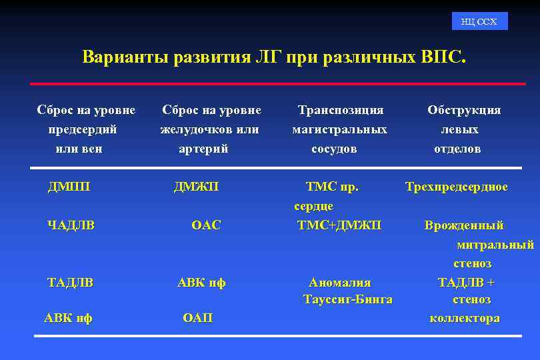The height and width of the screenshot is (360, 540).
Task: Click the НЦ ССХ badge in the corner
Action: [479, 21]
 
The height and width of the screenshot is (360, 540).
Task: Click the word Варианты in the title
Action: [125, 57]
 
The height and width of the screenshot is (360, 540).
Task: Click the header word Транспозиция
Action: [341, 110]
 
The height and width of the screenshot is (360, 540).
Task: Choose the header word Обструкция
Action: [464, 110]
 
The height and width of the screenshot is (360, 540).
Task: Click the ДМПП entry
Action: [69, 187]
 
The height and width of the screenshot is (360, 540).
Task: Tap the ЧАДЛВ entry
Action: [71, 225]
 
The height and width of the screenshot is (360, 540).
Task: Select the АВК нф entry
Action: [68, 318]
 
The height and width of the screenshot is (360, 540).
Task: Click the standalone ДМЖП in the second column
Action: [196, 187]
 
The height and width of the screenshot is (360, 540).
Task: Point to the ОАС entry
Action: [205, 225]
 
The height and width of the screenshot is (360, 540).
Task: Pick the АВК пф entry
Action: [201, 283]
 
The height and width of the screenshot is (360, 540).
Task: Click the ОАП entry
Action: [197, 318]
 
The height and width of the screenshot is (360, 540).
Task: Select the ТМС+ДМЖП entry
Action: [339, 225]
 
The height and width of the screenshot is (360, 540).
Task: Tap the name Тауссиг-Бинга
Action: [347, 299]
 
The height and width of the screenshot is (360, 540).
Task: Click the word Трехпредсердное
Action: [457, 187]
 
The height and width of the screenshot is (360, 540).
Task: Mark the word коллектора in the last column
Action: [465, 318]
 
